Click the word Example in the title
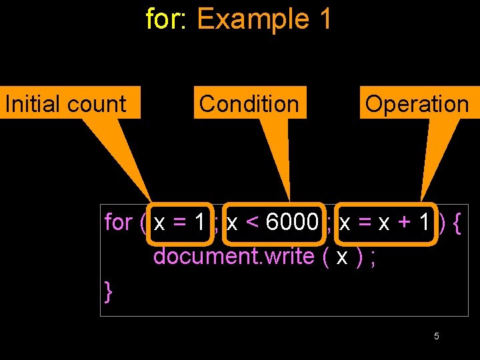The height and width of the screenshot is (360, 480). tap(253, 19)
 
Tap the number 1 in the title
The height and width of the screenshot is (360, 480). tap(325, 19)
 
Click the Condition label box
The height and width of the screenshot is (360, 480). tap(250, 103)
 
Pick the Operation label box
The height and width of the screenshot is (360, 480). tap(417, 103)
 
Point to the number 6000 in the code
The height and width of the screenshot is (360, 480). tap(292, 222)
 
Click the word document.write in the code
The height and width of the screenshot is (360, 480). tap(233, 256)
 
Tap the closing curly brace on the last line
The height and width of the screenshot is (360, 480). tap(109, 291)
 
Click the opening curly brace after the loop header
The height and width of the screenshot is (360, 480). tap(456, 222)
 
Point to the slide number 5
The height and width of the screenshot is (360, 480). tap(436, 336)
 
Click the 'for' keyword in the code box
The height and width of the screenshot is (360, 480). tap(119, 222)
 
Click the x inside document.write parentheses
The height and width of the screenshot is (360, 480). tap(341, 256)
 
